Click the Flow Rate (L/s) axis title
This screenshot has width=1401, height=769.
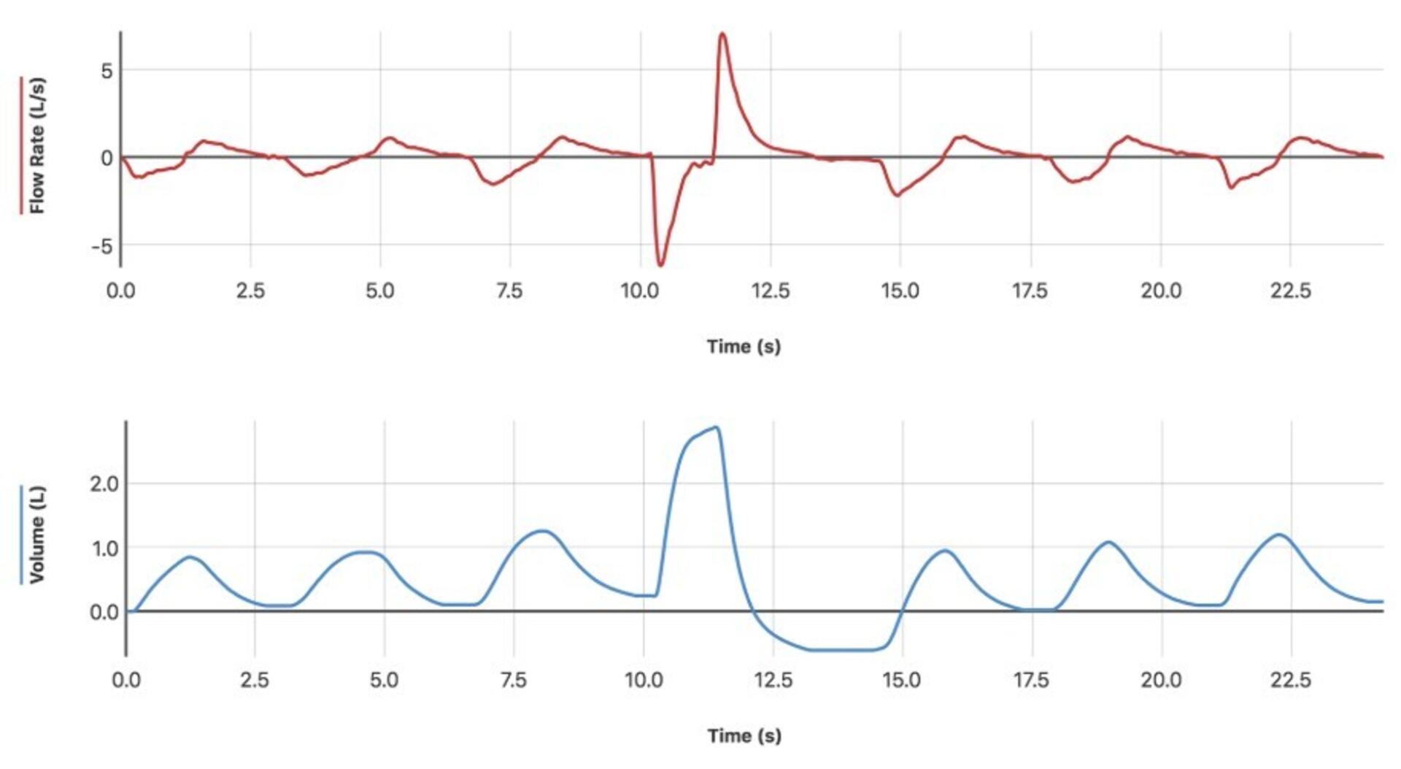36,145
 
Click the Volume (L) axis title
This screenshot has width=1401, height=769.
36,535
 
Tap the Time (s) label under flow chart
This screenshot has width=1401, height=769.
744,346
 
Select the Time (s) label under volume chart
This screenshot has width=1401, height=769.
744,735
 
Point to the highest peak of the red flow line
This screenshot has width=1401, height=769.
722,34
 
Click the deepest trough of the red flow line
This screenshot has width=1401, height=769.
660,264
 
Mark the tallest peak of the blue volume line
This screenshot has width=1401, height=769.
717,428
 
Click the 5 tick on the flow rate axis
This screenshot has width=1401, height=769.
107,71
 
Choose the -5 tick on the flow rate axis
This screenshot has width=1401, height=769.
102,246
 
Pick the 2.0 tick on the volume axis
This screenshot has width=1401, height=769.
104,483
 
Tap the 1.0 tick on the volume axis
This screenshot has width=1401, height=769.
104,548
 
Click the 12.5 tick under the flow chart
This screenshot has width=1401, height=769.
771,291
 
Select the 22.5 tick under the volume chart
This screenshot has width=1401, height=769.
1291,680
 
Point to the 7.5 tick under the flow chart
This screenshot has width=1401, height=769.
509,291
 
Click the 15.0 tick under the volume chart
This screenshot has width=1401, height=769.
902,680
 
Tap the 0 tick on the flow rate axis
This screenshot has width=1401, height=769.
107,158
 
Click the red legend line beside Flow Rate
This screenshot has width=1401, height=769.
20,145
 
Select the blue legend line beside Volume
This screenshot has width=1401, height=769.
20,535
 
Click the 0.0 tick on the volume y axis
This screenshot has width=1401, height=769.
104,612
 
